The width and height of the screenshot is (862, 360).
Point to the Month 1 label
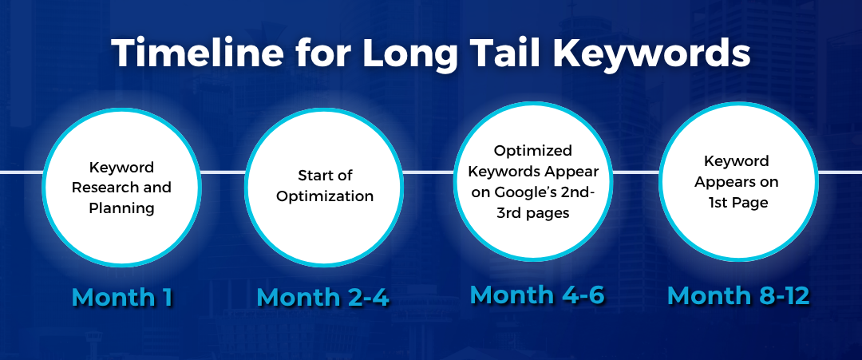pos(122,297)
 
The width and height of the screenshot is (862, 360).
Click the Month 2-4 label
pos(322,298)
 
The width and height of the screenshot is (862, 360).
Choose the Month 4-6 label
pos(536,295)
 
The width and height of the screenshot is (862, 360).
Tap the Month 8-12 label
pos(737,295)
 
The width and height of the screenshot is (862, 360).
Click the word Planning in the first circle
pos(121,209)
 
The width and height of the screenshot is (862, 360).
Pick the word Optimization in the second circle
pos(324,196)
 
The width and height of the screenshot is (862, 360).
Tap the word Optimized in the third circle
pos(532,151)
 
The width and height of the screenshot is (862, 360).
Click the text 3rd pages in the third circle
pos(532,213)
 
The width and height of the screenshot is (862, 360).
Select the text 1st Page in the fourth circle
pos(737,203)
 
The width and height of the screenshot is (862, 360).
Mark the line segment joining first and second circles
pos(223,172)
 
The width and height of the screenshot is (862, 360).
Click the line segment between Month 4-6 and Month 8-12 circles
pos(635,172)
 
